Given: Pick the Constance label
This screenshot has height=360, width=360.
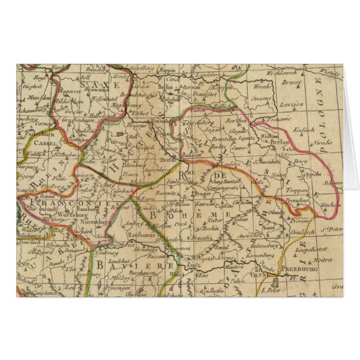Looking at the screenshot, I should point(45,292).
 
